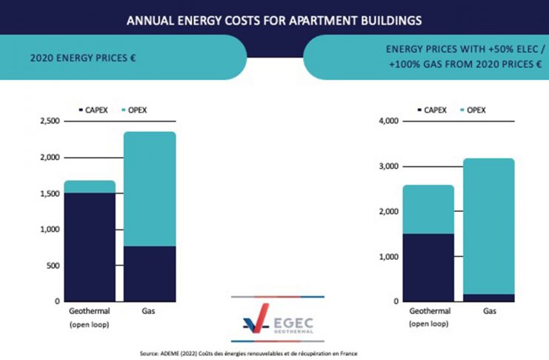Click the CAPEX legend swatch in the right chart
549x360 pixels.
pyautogui.click(x=419, y=110)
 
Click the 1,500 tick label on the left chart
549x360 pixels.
pyautogui.click(x=46, y=193)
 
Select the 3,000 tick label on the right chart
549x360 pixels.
pyautogui.click(x=388, y=167)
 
